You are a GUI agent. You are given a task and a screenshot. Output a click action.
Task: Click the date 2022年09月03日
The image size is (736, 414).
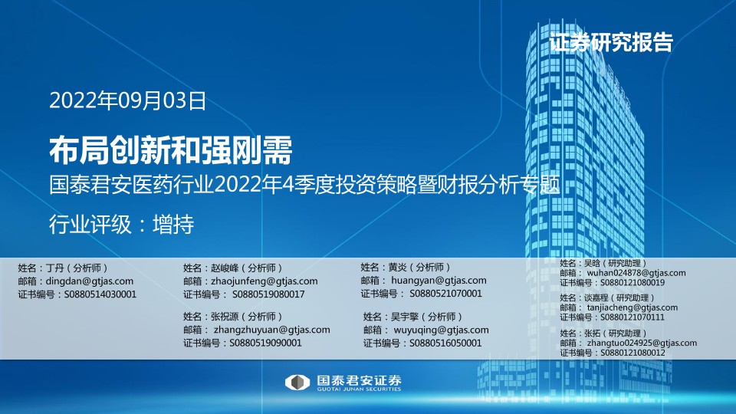[128, 100]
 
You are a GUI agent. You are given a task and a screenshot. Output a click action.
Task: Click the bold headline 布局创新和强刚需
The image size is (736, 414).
[171, 150]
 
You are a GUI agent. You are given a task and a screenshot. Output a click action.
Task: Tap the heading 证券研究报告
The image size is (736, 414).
[611, 42]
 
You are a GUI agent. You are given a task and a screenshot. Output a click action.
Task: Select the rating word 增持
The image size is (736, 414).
[173, 224]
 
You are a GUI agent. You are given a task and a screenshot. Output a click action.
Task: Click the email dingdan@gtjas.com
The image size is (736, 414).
[89, 281]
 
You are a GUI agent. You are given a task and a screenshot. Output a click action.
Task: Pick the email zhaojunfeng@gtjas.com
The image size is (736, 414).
[264, 281]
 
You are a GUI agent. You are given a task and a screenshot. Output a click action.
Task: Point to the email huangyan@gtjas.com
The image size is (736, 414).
[439, 281]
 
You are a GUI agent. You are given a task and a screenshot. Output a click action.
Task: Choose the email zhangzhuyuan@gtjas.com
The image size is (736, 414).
[271, 330]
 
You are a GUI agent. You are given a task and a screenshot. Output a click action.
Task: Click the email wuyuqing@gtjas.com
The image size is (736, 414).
[442, 330]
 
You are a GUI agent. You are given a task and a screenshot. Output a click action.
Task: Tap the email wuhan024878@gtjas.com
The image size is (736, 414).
[636, 273]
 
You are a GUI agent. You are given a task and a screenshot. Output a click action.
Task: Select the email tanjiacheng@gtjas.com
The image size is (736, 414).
[632, 307]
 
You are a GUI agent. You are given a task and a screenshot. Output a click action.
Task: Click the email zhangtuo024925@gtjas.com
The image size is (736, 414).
[642, 343]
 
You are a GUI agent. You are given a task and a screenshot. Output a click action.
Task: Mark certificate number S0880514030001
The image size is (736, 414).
[100, 294]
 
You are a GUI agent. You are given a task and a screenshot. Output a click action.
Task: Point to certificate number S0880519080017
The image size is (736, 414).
[268, 294]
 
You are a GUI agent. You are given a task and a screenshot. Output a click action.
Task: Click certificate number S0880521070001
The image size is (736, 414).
[446, 294]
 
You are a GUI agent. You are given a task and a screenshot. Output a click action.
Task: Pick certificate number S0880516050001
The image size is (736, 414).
[445, 343]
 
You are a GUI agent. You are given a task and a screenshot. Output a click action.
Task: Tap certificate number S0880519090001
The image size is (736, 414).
[265, 343]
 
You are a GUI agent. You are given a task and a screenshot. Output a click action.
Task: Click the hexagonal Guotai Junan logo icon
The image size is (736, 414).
[297, 383]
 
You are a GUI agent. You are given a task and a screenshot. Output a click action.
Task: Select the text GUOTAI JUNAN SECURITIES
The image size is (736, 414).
[359, 389]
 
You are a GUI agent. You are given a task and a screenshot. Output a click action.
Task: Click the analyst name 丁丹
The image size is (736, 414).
[55, 268]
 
